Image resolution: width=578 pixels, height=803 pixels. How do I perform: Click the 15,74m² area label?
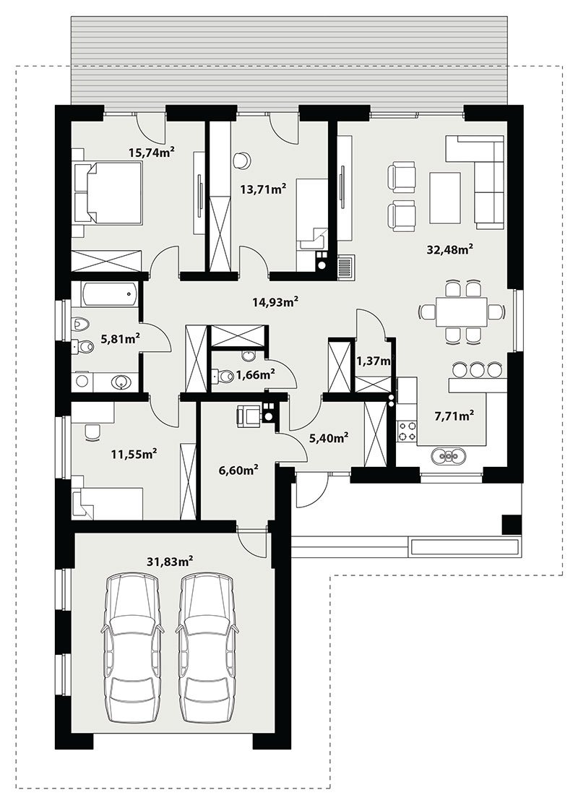click(x=152, y=152)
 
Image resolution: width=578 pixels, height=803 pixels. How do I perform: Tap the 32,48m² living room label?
click(x=449, y=249)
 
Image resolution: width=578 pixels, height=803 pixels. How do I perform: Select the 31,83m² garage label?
click(x=170, y=562)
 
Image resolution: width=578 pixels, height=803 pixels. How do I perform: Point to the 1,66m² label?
click(x=255, y=375)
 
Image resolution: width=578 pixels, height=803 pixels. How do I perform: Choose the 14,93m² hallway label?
click(x=275, y=301)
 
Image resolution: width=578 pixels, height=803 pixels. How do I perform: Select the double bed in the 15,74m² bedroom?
click(x=107, y=192)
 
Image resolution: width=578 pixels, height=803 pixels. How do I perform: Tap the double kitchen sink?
click(x=449, y=455)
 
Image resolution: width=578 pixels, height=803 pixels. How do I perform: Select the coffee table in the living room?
click(x=445, y=197)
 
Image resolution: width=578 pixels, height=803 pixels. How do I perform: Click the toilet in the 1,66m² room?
click(x=220, y=377)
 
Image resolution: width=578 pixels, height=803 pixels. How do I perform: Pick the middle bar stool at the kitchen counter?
click(x=478, y=369)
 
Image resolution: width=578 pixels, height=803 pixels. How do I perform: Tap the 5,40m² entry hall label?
click(x=329, y=437)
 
